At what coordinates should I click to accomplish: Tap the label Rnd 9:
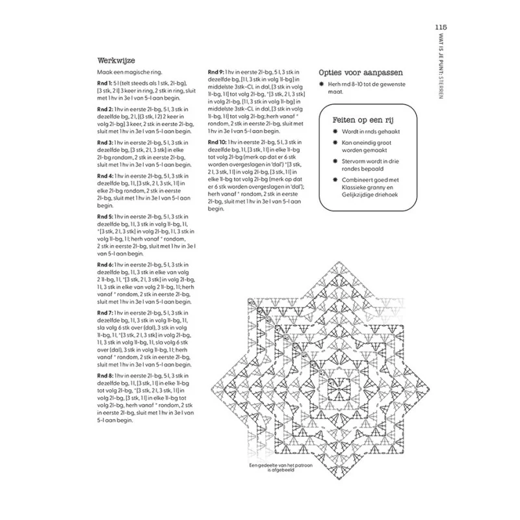coord(216,71)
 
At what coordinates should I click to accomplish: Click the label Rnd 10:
coord(217,142)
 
